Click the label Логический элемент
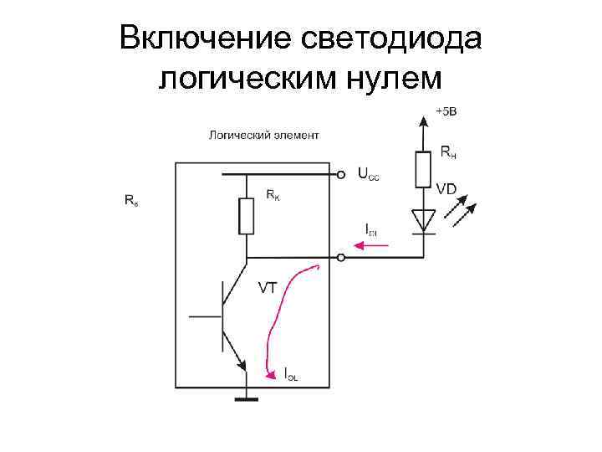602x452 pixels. pos(263,134)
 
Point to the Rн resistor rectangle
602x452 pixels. pos(423,168)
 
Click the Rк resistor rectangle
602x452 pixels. pos(247,217)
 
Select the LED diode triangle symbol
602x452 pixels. pos(424,220)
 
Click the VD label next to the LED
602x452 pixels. pos(446,190)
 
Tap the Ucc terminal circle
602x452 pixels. pos(340,176)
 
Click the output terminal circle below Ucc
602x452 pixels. pos(340,258)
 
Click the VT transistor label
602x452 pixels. pos(268,288)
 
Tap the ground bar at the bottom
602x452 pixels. pos(246,400)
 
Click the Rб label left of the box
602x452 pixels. pos(131,201)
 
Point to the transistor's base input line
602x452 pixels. pos(205,316)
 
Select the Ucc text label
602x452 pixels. pos(368,175)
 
